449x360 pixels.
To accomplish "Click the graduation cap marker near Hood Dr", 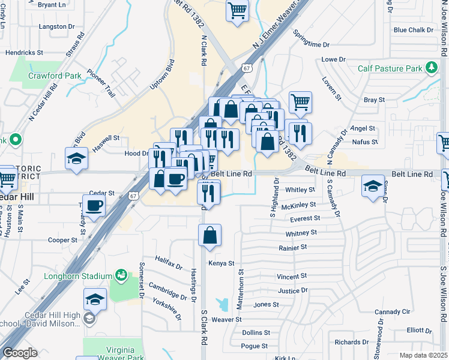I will pyautogui.click(x=76, y=158).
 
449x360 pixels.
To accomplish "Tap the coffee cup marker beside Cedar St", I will pyautogui.click(x=94, y=206).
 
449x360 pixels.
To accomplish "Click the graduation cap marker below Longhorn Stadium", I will pyautogui.click(x=95, y=298).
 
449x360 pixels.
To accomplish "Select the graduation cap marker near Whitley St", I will pyautogui.click(x=373, y=186).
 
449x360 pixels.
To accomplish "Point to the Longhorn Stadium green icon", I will pyautogui.click(x=121, y=275).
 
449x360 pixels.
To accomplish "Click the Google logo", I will pyautogui.click(x=20, y=353).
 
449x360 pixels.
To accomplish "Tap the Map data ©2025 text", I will pyautogui.click(x=422, y=355).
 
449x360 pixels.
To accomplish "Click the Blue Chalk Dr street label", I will pyautogui.click(x=413, y=30).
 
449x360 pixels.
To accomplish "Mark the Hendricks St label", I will pyautogui.click(x=24, y=53).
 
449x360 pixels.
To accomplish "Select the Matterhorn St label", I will pyautogui.click(x=240, y=288).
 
